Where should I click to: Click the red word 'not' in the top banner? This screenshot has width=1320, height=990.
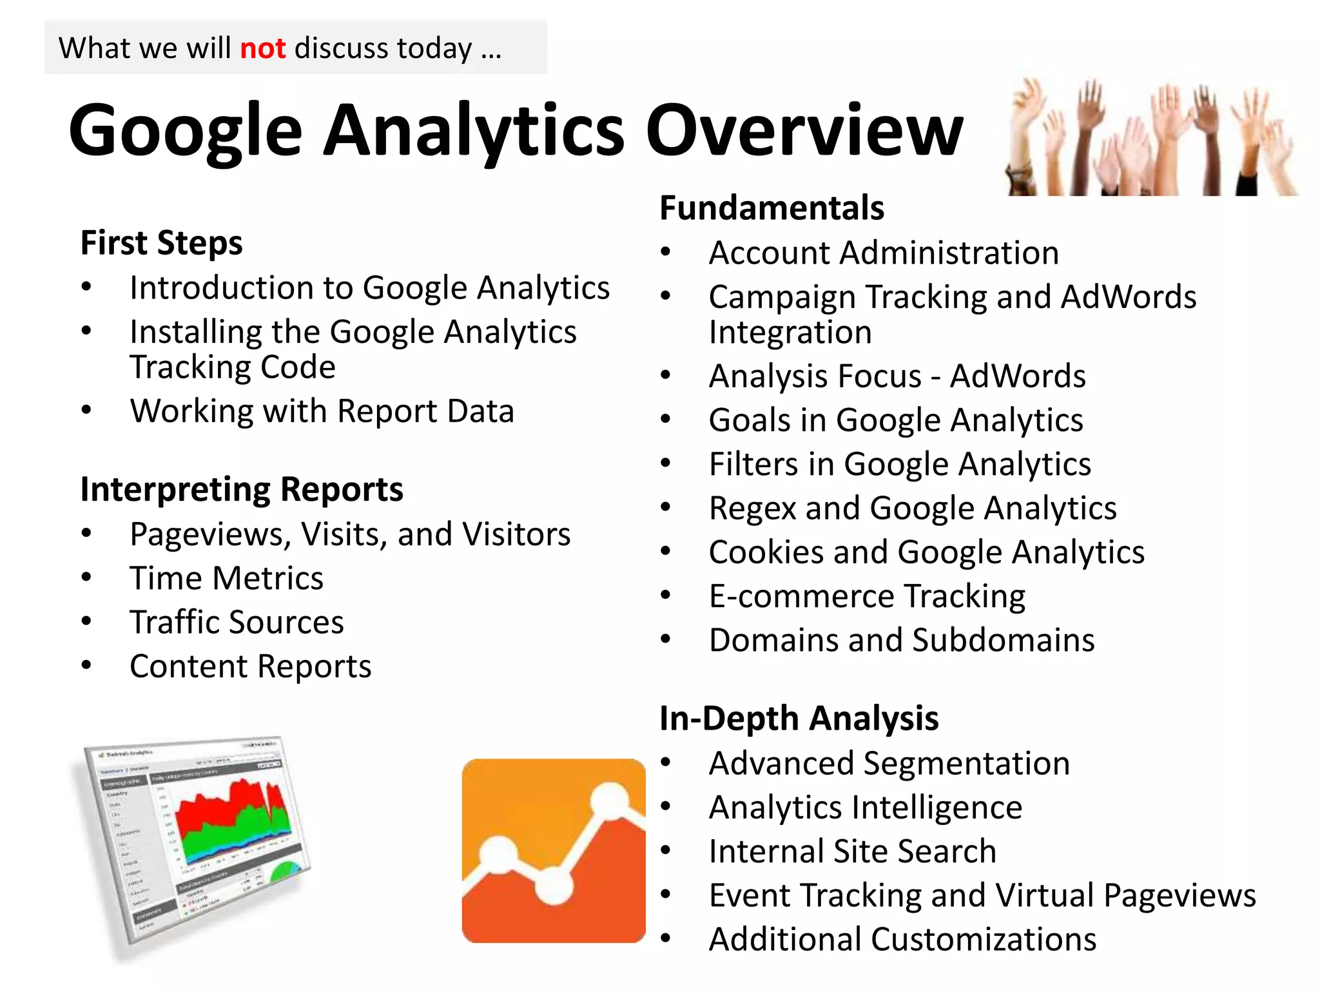[x=262, y=48]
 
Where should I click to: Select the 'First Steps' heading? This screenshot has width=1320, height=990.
[x=161, y=243]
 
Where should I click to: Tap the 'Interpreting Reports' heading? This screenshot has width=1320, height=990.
[x=242, y=489]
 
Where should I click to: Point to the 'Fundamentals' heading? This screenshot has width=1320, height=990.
[x=772, y=208]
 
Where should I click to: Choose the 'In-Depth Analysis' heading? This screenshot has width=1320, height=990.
[x=799, y=718]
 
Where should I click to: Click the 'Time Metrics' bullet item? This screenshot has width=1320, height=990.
[x=226, y=578]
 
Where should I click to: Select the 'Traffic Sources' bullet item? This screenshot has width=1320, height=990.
[x=237, y=623]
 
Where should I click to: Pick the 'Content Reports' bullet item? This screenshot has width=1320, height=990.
[x=250, y=666]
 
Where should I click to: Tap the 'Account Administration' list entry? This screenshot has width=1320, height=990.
[x=884, y=253]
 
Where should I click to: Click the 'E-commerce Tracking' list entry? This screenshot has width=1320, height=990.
[x=867, y=596]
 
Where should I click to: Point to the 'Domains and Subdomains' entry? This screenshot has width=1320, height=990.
[x=901, y=640]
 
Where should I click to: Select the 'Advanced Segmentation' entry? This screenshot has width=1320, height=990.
[x=889, y=763]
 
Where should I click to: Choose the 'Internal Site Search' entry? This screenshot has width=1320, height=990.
[x=852, y=851]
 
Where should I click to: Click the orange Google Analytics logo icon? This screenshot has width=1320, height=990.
[x=553, y=851]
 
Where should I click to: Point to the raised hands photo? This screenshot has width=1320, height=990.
[x=1150, y=137]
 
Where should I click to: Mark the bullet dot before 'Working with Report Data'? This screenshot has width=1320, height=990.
[x=86, y=411]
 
